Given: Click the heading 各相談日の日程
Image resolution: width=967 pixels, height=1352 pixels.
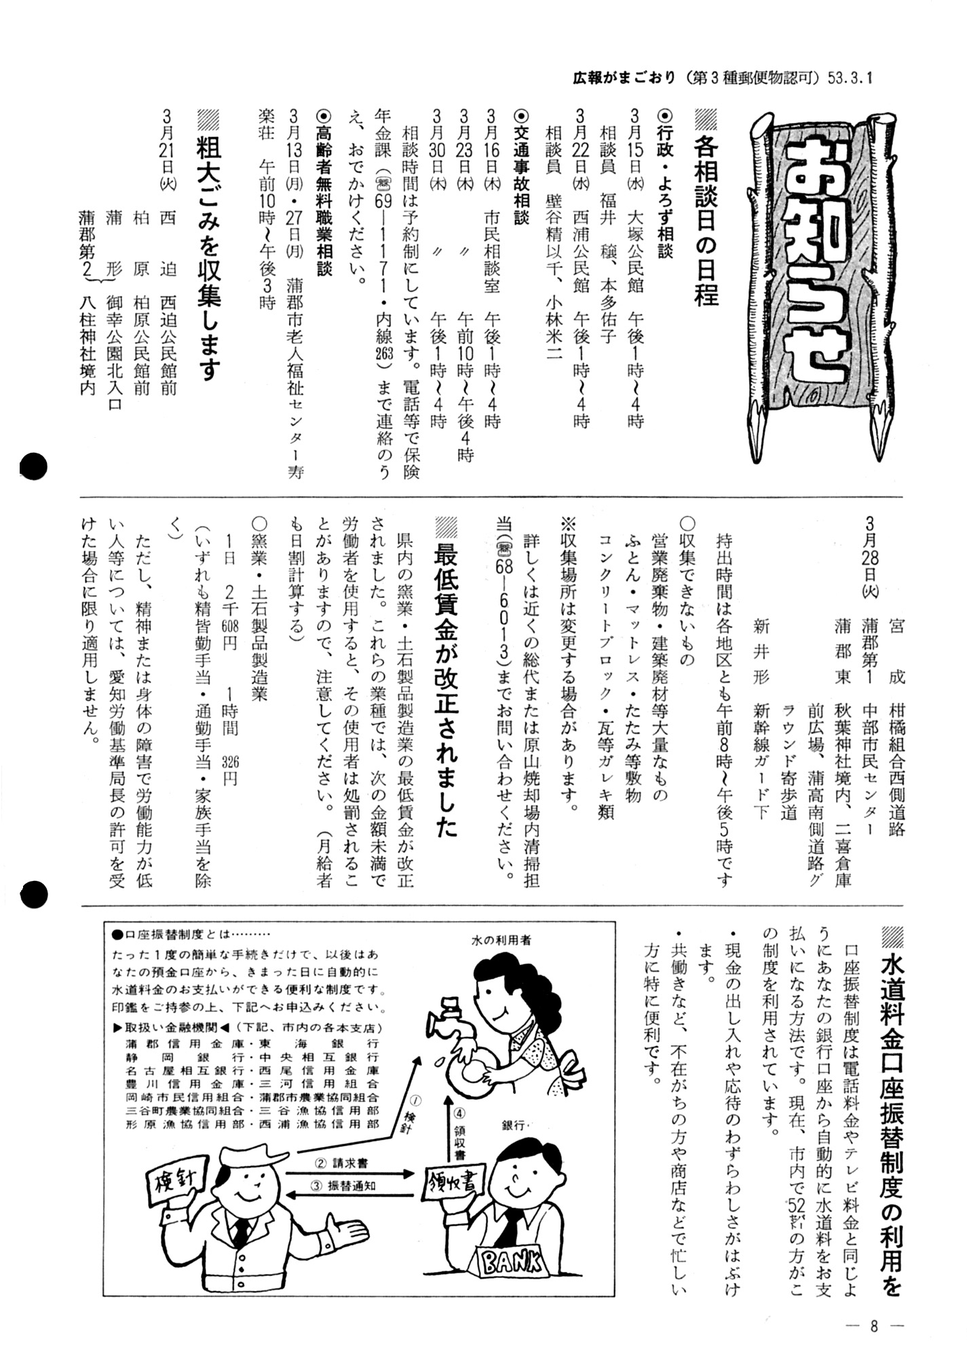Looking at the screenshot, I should (x=706, y=210).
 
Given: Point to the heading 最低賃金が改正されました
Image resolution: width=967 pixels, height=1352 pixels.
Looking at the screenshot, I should (x=446, y=679).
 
